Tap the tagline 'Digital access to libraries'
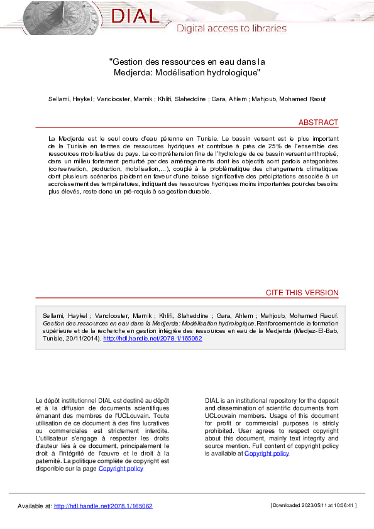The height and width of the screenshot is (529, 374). [231, 28]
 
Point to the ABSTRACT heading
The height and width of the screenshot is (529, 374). [318, 123]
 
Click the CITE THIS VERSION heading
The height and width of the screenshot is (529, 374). [302, 293]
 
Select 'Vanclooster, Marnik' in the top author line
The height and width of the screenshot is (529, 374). [125, 99]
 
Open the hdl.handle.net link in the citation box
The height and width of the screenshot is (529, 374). [152, 338]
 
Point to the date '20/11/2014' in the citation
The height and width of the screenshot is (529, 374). [74, 338]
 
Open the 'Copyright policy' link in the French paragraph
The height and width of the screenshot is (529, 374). [121, 468]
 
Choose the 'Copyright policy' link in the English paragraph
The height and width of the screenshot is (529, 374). [267, 453]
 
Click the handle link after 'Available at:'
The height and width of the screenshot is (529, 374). [103, 506]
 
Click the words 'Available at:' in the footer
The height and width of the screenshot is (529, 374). [35, 506]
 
